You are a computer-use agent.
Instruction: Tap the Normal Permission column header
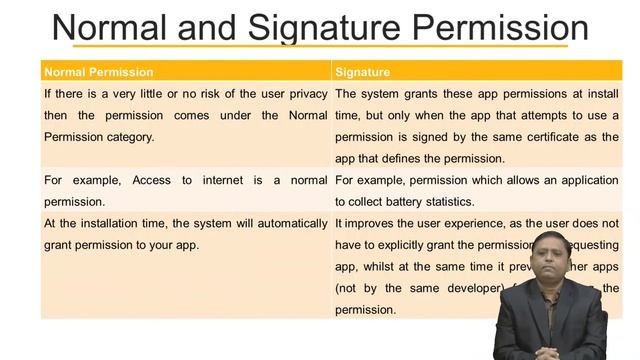click(98, 72)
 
